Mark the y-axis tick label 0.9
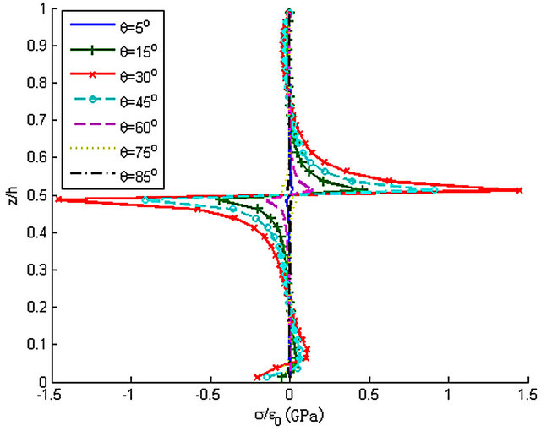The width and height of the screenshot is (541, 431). pos(40,47)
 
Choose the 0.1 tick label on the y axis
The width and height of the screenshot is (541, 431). pos(40,345)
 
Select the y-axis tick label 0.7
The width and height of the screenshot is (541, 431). pos(40,122)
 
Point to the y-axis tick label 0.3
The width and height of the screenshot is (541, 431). pos(40,270)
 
